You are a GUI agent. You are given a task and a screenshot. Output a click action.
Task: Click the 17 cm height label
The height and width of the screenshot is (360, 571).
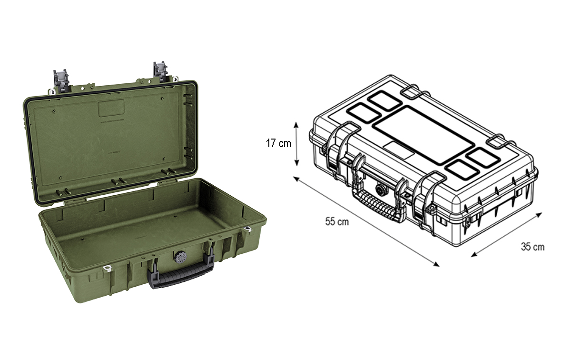pyautogui.click(x=278, y=143)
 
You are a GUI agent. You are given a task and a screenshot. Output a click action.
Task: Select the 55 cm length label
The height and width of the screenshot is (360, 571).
pyautogui.click(x=337, y=221)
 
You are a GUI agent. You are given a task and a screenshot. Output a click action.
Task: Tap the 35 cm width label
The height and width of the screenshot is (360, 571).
pyautogui.click(x=532, y=247)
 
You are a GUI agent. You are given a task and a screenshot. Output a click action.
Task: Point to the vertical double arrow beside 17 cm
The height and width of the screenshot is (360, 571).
pyautogui.click(x=296, y=143)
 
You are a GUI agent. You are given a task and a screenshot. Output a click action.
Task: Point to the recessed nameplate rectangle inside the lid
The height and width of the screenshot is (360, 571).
pyautogui.click(x=111, y=109)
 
